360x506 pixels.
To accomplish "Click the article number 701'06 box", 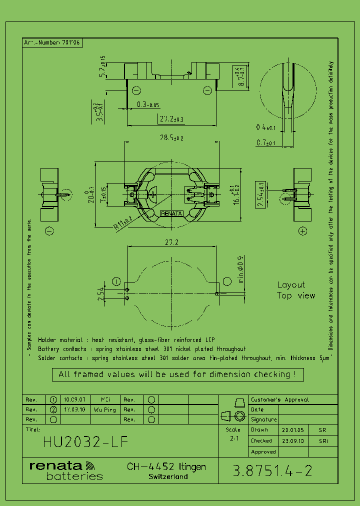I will pyautogui.click(x=52, y=42).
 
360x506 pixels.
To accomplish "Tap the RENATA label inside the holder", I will pyautogui.click(x=171, y=213).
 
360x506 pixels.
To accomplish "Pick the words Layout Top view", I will pyautogui.click(x=296, y=290).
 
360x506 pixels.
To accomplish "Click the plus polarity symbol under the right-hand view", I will pyautogui.click(x=302, y=230).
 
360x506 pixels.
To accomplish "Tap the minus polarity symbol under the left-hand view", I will pyautogui.click(x=49, y=230).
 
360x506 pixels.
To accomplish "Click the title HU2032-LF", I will pyautogui.click(x=85, y=442).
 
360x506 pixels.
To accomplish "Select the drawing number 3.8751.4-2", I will pyautogui.click(x=273, y=470).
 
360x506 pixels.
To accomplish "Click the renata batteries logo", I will pyautogui.click(x=66, y=470).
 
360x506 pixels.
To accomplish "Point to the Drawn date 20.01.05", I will pyautogui.click(x=291, y=430).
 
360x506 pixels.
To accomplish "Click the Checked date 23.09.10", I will pyautogui.click(x=291, y=441).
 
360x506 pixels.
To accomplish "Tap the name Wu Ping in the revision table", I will pyautogui.click(x=104, y=409).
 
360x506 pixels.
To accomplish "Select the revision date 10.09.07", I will pyautogui.click(x=74, y=400).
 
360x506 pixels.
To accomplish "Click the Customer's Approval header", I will pyautogui.click(x=280, y=400).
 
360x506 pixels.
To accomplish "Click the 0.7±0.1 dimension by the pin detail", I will pyautogui.click(x=266, y=143).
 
